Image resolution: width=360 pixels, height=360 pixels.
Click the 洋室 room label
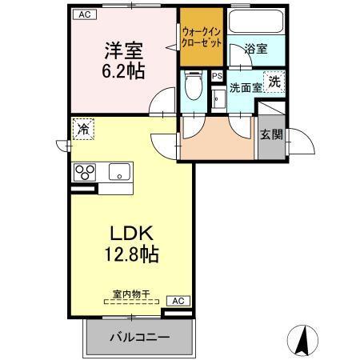tap(122, 50)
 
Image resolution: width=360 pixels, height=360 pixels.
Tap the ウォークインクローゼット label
tap(201, 36)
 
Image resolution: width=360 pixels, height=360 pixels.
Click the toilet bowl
tap(192, 83)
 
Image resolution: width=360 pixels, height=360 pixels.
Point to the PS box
tap(217, 76)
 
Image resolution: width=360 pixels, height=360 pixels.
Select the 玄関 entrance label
tap(271, 134)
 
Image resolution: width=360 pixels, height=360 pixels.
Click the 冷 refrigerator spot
tap(82, 128)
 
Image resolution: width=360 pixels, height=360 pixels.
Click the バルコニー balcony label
tap(139, 338)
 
